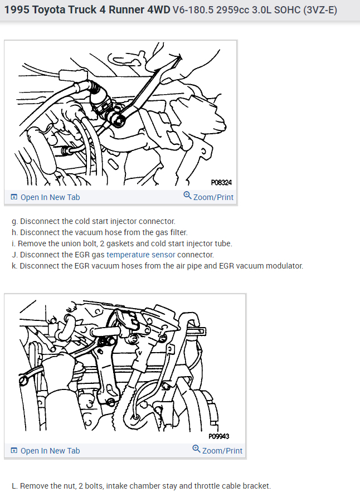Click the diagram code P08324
coord(221,183)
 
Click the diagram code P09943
coord(219,436)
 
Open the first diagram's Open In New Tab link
coord(45,197)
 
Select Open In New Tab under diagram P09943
coord(45,451)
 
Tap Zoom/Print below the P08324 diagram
coord(208,197)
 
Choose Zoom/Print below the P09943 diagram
coord(217,450)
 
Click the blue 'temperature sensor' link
coord(141,255)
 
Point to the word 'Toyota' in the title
coord(48,10)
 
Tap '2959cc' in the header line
coord(232,10)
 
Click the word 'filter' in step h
coord(179,232)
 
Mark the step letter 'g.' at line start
coord(14,222)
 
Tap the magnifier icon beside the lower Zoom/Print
coord(196,449)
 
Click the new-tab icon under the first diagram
coord(14,197)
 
